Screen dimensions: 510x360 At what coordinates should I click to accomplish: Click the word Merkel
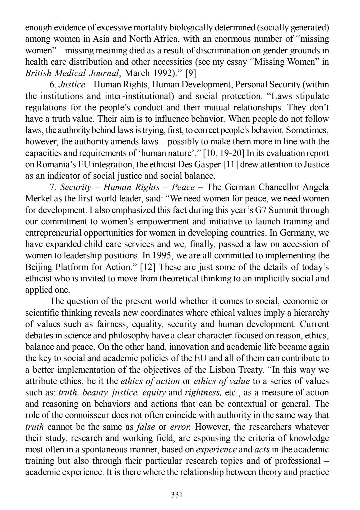pyautogui.click(x=37, y=199)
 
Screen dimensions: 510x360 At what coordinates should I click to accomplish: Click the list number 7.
pyautogui.click(x=52, y=187)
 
